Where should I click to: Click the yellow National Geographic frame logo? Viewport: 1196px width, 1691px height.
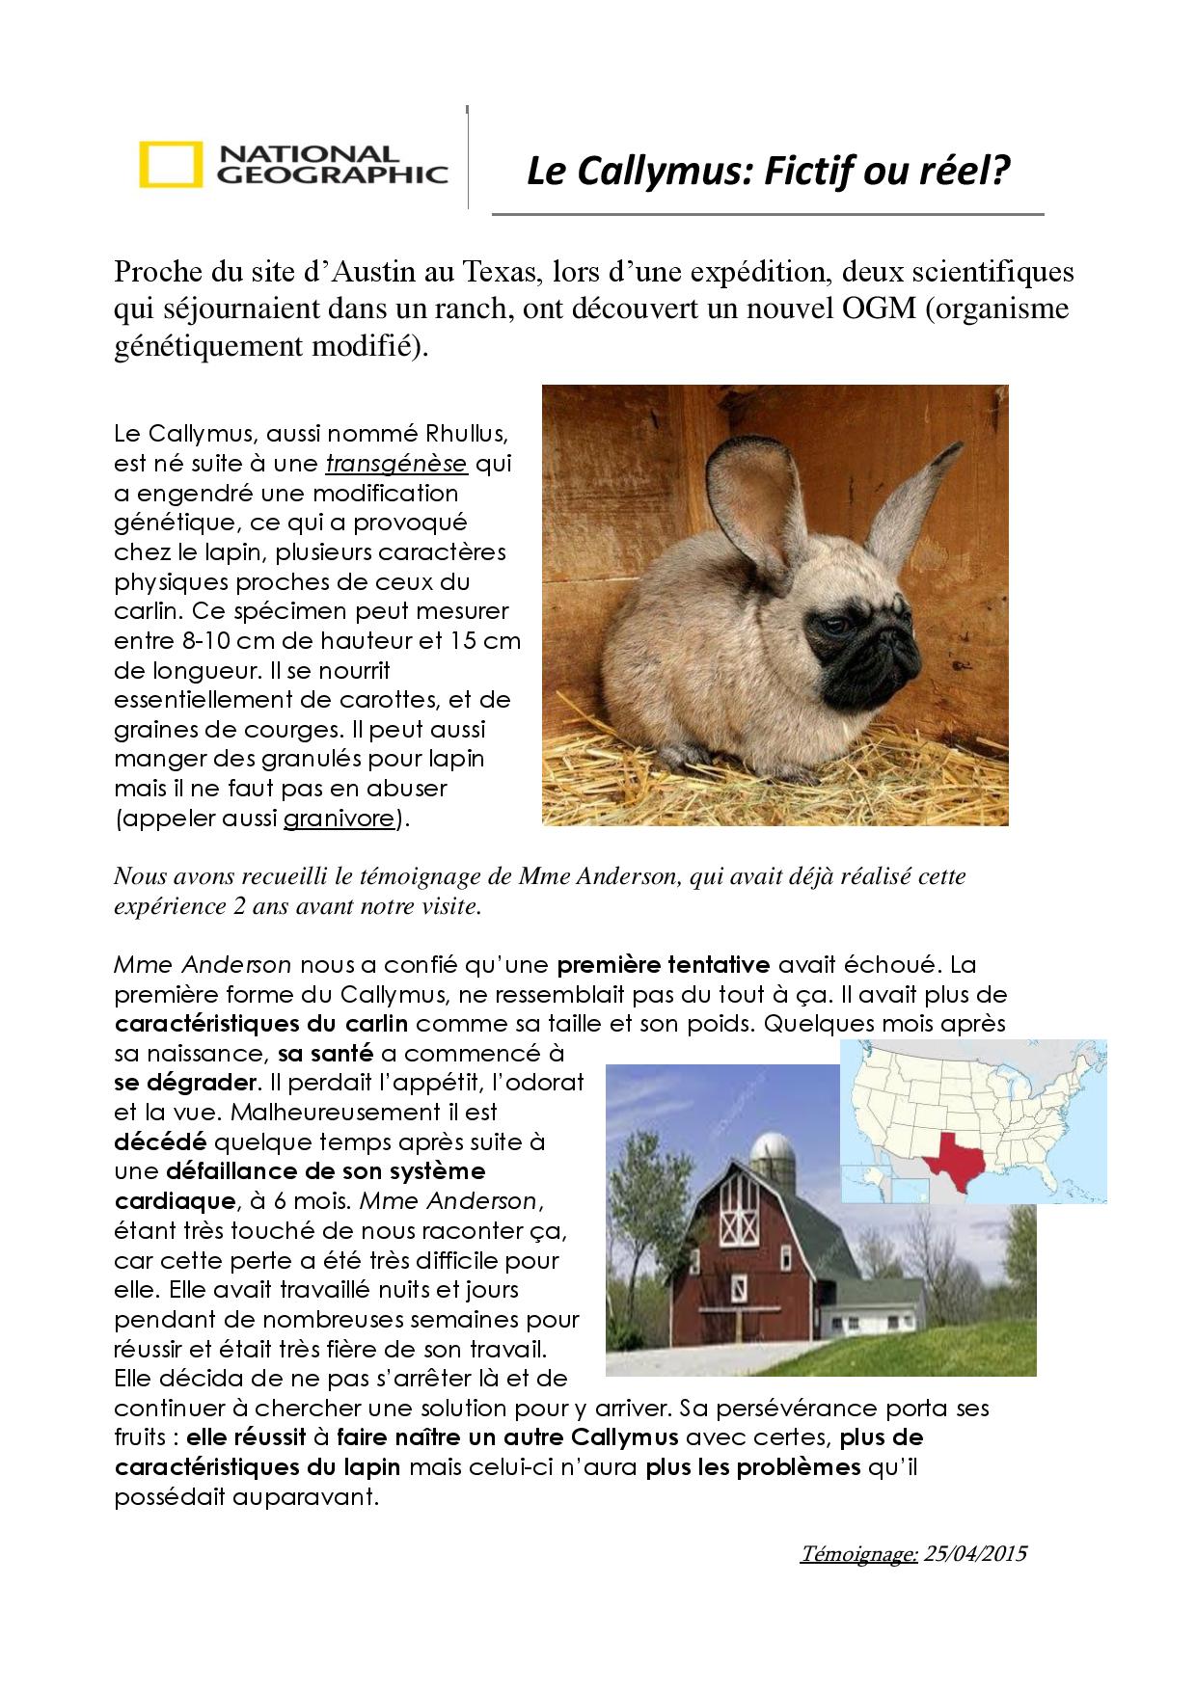(171, 164)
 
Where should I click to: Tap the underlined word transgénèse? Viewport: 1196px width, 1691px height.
(395, 464)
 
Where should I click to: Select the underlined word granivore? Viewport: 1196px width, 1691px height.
(339, 819)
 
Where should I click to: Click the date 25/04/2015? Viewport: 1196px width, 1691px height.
(974, 1554)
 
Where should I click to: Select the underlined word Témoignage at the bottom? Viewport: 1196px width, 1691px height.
(857, 1554)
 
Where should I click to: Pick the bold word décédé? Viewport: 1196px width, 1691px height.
(160, 1142)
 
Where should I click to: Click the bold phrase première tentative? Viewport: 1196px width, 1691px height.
(664, 965)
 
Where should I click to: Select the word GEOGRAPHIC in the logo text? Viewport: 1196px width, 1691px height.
(333, 174)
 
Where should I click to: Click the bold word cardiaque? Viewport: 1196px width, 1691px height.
(175, 1201)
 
